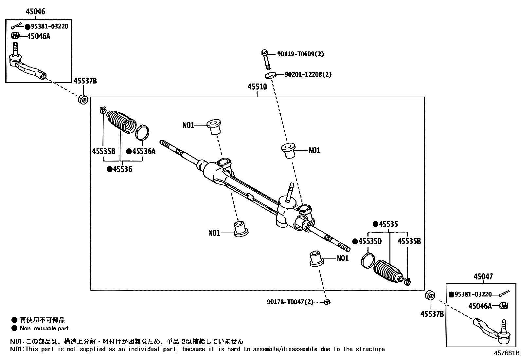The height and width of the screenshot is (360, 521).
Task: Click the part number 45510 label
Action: (x=257, y=87)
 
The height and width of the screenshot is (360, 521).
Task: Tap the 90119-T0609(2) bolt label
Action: (x=300, y=54)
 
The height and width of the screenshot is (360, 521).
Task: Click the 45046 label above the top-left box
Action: (x=35, y=12)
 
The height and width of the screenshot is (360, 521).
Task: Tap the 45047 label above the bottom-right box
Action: (x=483, y=277)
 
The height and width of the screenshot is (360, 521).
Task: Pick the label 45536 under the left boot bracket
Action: (x=122, y=169)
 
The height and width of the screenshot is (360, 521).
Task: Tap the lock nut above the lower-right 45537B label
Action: (x=430, y=295)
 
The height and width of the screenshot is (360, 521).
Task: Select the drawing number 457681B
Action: (x=507, y=353)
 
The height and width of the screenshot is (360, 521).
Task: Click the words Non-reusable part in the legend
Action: (x=44, y=328)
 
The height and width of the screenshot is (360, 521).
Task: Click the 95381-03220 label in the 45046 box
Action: (x=49, y=27)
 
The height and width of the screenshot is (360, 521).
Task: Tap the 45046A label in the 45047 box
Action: (x=480, y=306)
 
